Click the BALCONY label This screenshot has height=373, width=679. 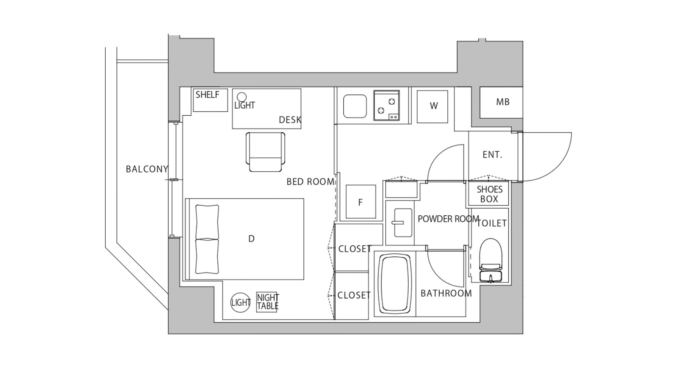pos(147,169)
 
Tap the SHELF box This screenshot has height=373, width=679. pos(210,100)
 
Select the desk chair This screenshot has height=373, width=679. pos(266,152)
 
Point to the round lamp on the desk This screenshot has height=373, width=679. pos(241,97)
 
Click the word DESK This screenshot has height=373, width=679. pos(290,120)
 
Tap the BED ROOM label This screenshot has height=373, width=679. pos(310,182)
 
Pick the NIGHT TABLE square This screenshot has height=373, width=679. pos(267,302)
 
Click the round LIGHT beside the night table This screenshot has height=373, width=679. pos(240,302)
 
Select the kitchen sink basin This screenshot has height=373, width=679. pos(355,106)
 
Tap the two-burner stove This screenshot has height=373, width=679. pos(387,106)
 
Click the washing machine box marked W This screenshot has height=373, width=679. pos(432,106)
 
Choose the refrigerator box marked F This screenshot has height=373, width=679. pos(361,202)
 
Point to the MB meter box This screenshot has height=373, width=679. pos(501,102)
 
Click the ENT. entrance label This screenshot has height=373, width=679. pos(492,155)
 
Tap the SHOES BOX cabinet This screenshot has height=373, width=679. pos(488,194)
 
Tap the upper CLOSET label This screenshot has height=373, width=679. pos(355,249)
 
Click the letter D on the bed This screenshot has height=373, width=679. pos(251,239)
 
